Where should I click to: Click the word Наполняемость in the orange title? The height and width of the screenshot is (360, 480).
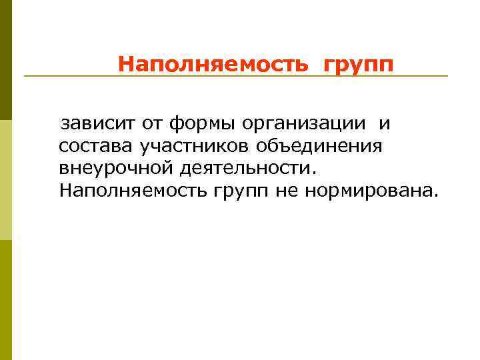click(213, 65)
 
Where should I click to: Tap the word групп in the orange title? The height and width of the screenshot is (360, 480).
click(359, 65)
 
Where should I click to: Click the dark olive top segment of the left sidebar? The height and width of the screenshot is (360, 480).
click(5, 60)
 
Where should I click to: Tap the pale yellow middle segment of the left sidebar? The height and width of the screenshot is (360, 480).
click(5, 180)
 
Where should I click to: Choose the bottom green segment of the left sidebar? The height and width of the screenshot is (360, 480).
click(5, 300)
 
